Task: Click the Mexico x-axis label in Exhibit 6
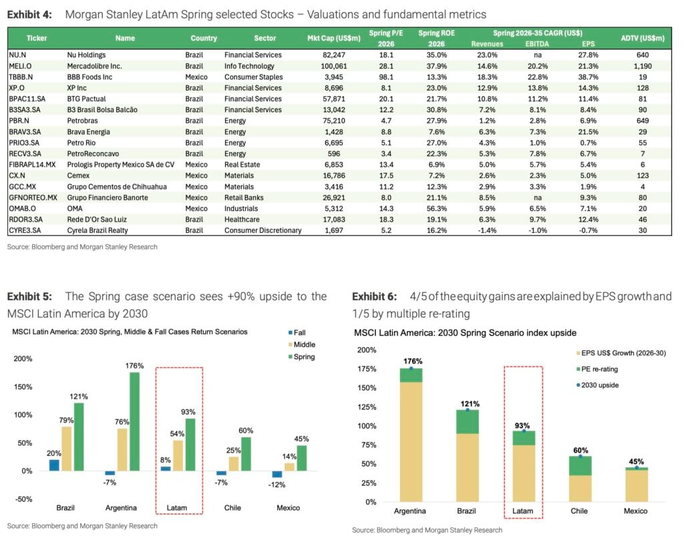click(x=636, y=511)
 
